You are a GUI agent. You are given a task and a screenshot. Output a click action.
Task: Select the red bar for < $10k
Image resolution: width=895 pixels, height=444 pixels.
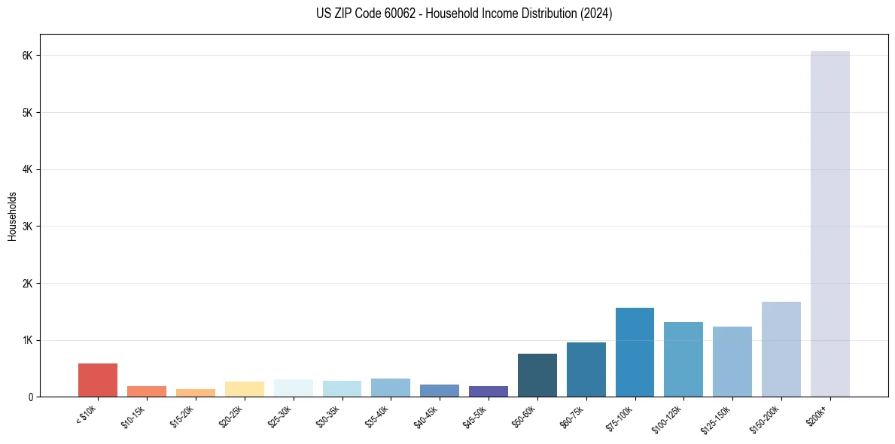(98, 380)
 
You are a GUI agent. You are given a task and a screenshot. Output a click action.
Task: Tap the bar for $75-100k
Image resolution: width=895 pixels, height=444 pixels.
(635, 352)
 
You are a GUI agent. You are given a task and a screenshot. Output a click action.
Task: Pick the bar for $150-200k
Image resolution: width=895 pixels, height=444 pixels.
(781, 349)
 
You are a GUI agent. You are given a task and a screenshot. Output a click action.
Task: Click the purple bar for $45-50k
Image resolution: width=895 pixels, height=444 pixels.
(488, 391)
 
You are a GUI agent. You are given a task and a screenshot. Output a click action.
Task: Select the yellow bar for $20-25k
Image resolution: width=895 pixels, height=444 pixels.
(244, 389)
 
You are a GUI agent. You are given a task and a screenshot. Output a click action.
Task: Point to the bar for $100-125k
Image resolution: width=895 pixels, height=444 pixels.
(683, 359)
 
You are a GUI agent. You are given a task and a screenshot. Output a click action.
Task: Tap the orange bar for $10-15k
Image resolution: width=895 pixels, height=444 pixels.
(147, 391)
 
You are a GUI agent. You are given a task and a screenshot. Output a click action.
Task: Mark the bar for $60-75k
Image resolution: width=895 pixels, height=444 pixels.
(586, 369)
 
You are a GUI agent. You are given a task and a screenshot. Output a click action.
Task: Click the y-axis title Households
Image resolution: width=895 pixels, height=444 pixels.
(13, 216)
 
